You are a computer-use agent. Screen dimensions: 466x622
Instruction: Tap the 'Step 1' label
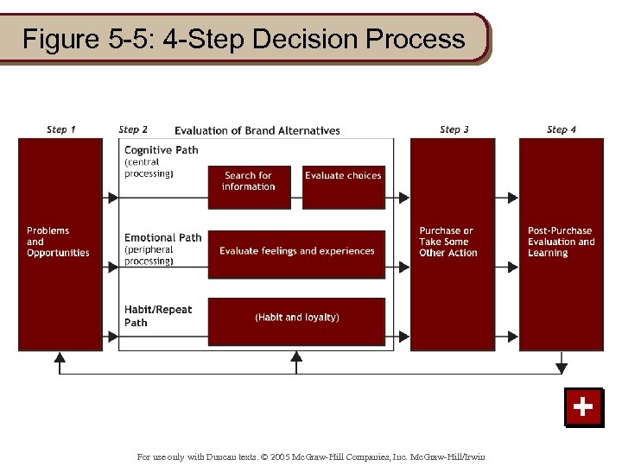point(60,129)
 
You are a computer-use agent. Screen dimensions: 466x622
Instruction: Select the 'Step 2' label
point(133,129)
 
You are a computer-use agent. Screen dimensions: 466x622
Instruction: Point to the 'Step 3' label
point(454,129)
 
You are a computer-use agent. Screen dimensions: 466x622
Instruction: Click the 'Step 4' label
point(562,129)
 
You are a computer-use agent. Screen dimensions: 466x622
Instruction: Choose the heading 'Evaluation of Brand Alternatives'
point(257,131)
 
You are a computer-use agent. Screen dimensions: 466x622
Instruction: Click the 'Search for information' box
point(249,181)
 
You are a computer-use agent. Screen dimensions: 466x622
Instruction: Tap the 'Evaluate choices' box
point(343,176)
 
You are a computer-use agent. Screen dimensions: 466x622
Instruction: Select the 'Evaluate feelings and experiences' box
point(297,251)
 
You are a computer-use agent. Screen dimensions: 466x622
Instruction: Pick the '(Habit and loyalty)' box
point(297,318)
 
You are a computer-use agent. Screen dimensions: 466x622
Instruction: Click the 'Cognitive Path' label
point(162,149)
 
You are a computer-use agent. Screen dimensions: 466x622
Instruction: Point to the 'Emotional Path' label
point(163,237)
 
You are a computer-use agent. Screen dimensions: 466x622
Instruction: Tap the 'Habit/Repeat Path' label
point(158,316)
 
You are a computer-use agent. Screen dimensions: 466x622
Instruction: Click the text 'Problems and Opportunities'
point(58,242)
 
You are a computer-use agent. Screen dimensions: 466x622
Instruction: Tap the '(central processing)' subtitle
point(149,167)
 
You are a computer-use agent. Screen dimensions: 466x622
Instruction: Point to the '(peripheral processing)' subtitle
point(149,255)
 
